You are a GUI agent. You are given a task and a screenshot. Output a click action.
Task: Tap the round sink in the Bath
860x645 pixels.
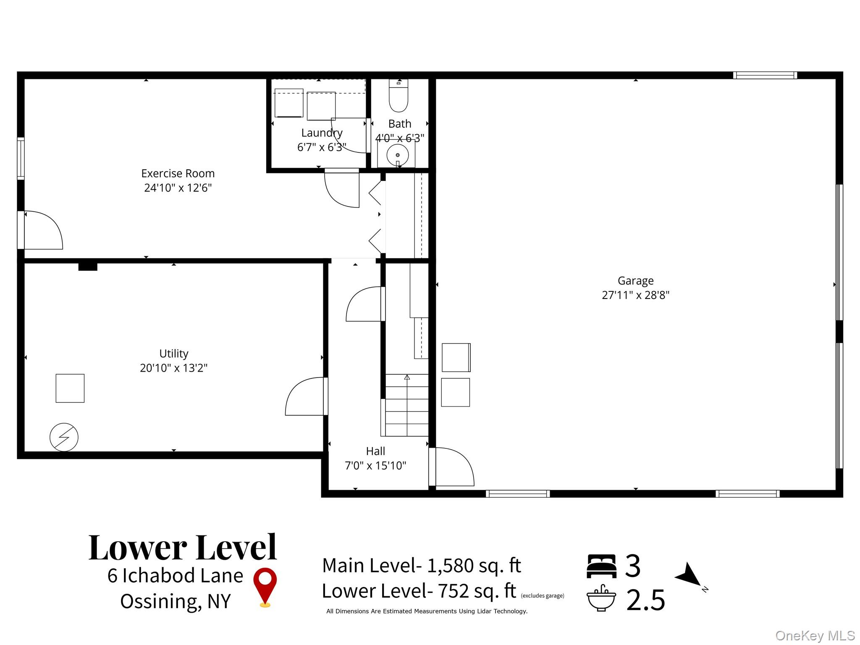(x=397, y=155)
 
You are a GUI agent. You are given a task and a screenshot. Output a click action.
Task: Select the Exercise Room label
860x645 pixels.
(x=178, y=173)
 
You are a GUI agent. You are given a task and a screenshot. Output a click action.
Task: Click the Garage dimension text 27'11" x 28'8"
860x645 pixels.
(x=635, y=295)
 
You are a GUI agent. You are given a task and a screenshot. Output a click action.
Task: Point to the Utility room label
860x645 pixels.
(x=173, y=354)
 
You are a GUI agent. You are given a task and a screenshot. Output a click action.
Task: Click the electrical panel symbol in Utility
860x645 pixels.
(x=64, y=437)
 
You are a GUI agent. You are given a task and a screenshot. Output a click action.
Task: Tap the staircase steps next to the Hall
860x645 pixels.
(x=406, y=405)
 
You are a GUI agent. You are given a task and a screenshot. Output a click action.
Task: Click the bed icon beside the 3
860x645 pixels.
(x=601, y=566)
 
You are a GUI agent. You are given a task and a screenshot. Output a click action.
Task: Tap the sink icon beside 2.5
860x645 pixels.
(x=601, y=598)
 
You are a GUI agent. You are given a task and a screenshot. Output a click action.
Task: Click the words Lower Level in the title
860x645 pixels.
(x=183, y=548)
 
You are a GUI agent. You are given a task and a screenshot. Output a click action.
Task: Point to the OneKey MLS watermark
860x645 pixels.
(x=815, y=636)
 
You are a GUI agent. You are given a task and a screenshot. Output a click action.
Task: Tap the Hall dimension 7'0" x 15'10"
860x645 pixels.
(x=375, y=466)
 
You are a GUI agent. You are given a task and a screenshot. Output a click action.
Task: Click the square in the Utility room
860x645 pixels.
(x=70, y=388)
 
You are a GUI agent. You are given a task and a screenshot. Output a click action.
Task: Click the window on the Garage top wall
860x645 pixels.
(x=765, y=76)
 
